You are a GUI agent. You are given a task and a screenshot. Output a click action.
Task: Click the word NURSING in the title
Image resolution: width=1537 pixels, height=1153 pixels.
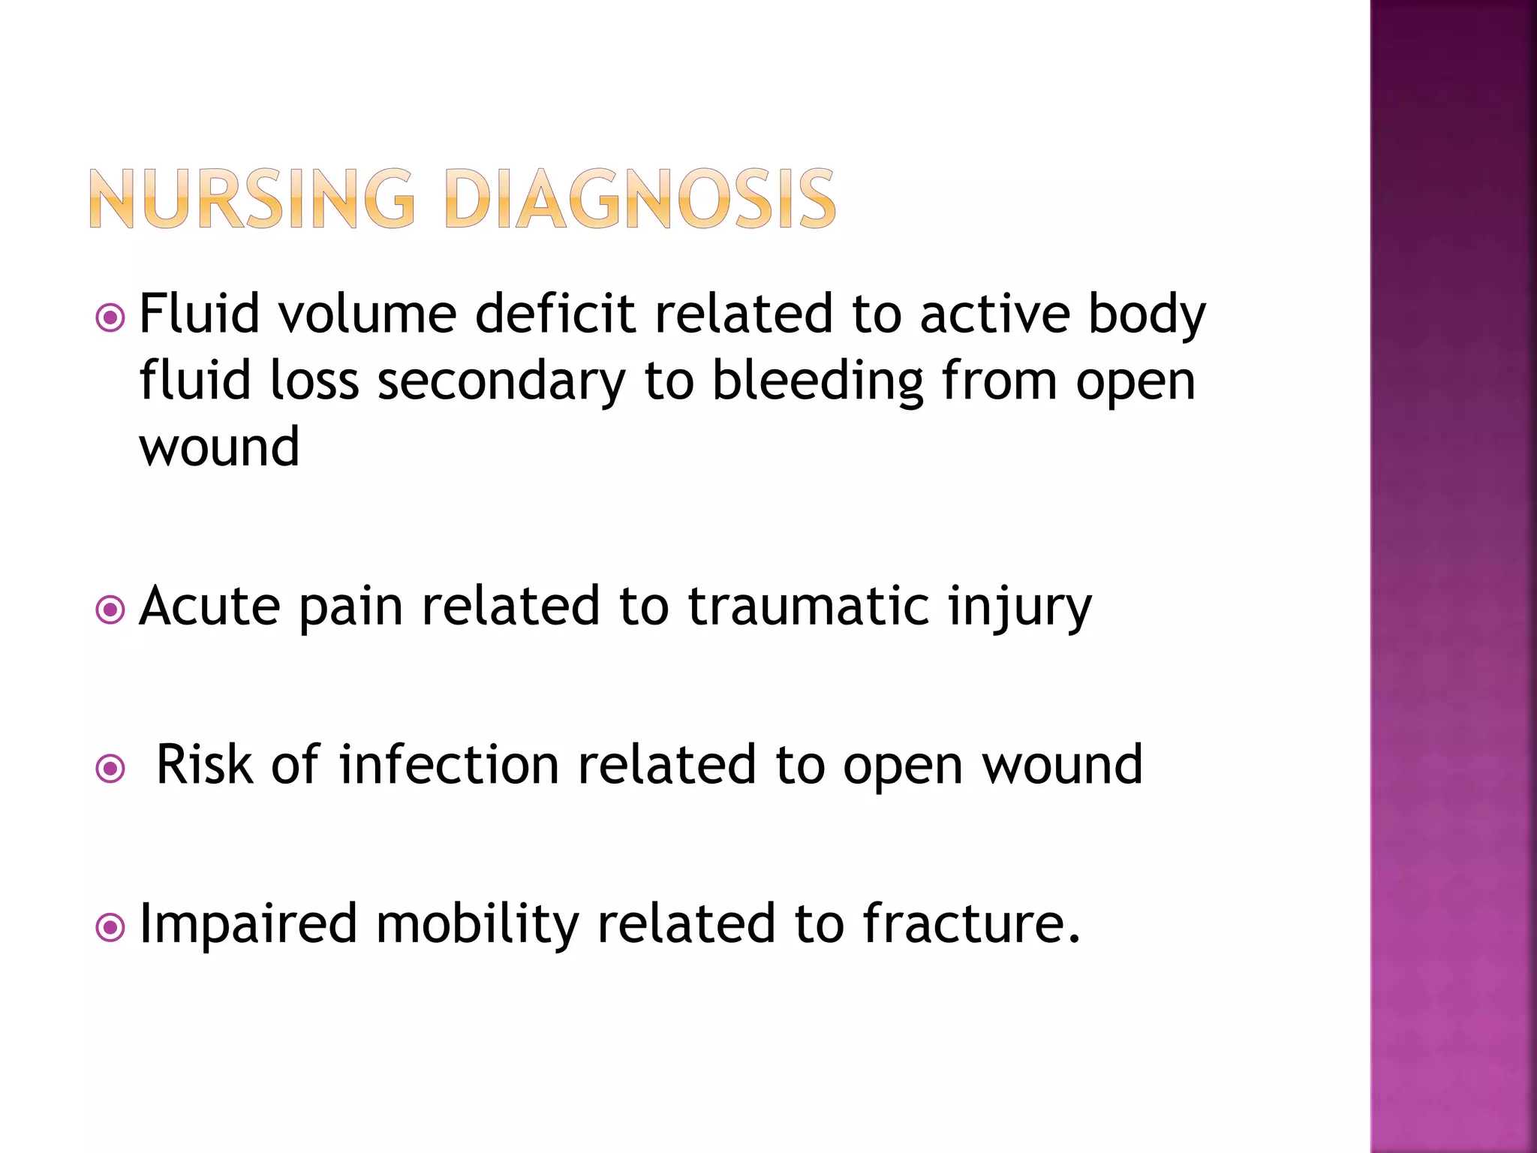pyautogui.click(x=252, y=199)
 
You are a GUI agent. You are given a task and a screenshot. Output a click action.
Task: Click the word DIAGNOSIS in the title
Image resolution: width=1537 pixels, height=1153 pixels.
pyautogui.click(x=640, y=199)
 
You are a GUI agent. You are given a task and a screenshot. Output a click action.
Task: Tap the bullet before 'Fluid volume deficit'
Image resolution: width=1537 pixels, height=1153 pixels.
pyautogui.click(x=110, y=318)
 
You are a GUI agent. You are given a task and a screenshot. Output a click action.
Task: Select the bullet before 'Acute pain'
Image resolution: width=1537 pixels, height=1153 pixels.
pyautogui.click(x=110, y=610)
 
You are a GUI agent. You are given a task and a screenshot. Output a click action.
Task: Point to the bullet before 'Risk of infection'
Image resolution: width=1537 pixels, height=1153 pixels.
pyautogui.click(x=110, y=769)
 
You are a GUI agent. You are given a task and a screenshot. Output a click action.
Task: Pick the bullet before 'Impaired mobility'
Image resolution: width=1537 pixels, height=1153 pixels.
pyautogui.click(x=110, y=929)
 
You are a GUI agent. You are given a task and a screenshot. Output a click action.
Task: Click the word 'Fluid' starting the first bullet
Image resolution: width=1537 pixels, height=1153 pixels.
pyautogui.click(x=200, y=314)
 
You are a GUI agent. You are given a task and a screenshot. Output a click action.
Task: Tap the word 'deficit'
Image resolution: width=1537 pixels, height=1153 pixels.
pyautogui.click(x=555, y=314)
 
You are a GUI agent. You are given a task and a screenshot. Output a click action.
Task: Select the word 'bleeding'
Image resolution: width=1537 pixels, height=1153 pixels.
pyautogui.click(x=817, y=381)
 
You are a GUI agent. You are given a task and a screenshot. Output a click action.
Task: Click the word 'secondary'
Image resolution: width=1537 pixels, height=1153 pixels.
pyautogui.click(x=501, y=381)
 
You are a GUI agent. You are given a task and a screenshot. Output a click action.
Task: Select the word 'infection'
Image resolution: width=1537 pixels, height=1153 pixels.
pyautogui.click(x=450, y=765)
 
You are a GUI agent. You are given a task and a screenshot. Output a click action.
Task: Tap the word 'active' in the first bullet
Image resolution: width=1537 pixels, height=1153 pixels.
pyautogui.click(x=995, y=314)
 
